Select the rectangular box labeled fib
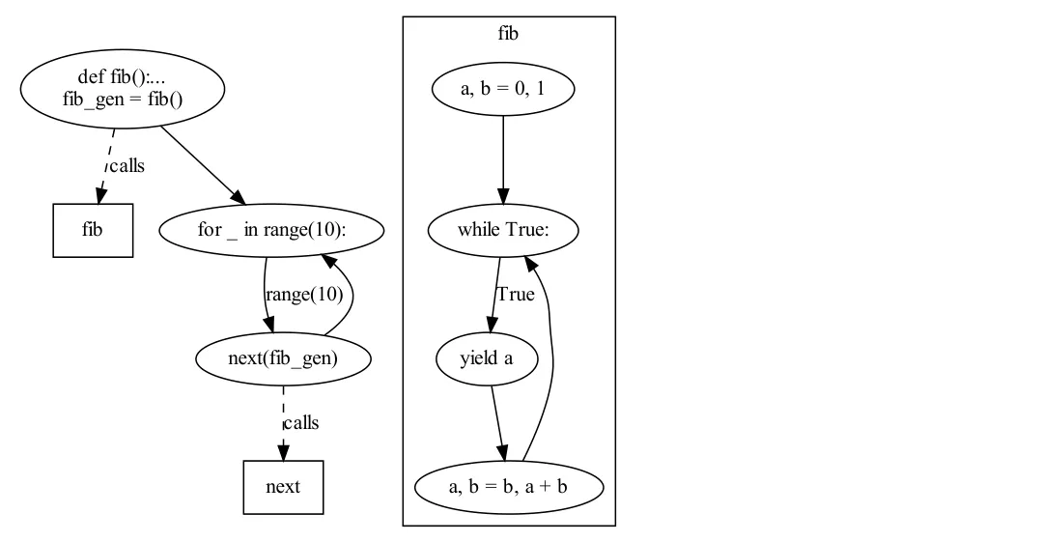(x=93, y=231)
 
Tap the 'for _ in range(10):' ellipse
(x=270, y=231)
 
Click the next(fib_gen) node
(x=283, y=358)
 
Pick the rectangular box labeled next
(x=283, y=486)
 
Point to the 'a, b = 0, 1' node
(x=503, y=89)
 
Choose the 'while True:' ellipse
(x=503, y=231)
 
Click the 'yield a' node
(x=487, y=358)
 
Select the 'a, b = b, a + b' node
(x=509, y=486)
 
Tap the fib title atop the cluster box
(x=508, y=34)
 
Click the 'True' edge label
(x=515, y=295)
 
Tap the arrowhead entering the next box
(x=283, y=453)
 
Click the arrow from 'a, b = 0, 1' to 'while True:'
(x=503, y=155)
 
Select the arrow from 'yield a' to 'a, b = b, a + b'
(x=497, y=420)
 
